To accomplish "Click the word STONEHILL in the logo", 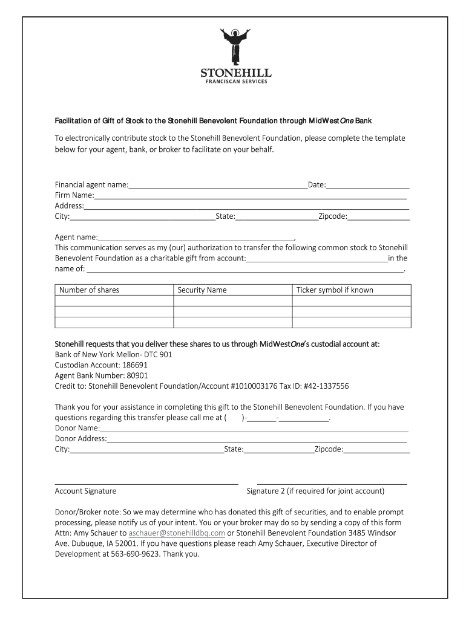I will point(235,74).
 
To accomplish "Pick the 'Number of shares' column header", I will point(90,290).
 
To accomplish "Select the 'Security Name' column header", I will point(202,290).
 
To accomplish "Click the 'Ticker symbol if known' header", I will point(335,290).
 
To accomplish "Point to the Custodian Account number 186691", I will point(135,365).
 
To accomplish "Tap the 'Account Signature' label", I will point(85,491).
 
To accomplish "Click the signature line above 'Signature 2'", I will point(332,484).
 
